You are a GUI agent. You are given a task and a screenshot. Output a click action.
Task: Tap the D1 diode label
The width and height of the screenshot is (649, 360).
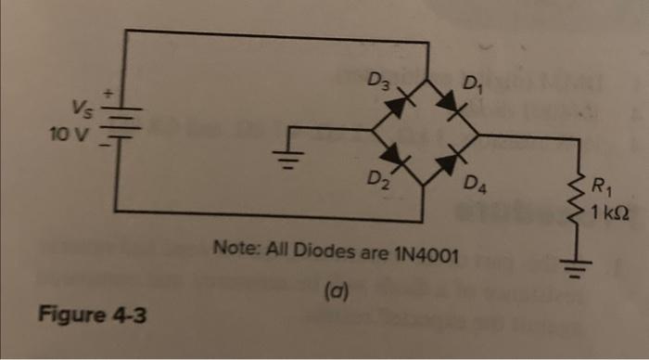[474, 90]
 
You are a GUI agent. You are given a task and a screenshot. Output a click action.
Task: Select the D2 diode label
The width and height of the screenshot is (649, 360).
[375, 177]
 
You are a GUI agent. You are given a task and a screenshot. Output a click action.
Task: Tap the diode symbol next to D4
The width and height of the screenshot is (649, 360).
[452, 157]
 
